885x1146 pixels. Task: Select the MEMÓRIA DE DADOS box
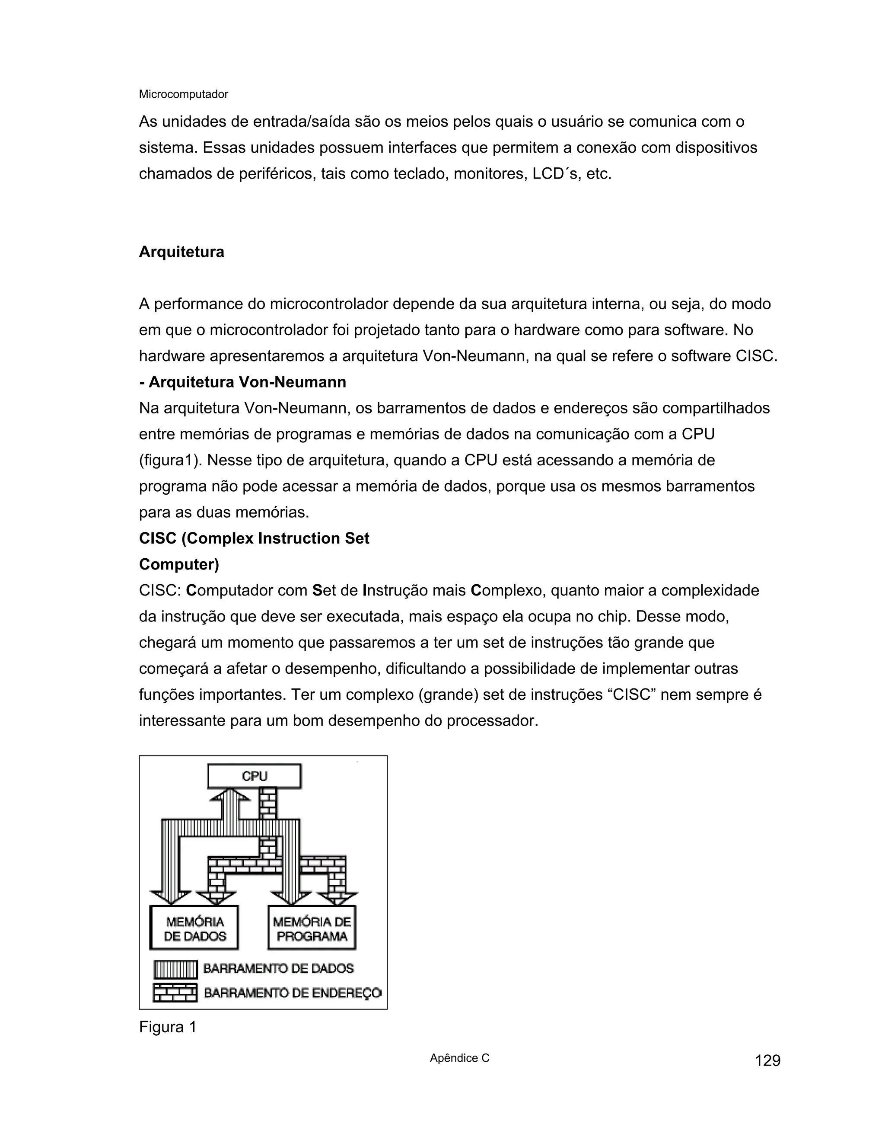[194, 928]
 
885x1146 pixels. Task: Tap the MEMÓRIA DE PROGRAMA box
[312, 928]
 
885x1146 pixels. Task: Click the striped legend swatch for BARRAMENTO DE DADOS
[175, 969]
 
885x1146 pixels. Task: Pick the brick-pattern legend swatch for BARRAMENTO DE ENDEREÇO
[175, 993]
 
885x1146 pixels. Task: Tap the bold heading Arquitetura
[181, 252]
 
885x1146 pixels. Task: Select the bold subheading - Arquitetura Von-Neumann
[243, 382]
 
